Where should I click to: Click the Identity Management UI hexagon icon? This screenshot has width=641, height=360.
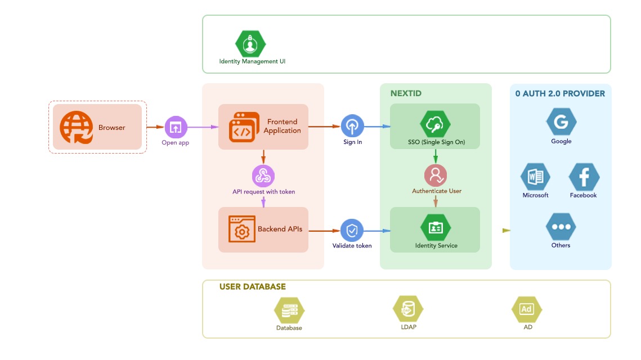pos(250,43)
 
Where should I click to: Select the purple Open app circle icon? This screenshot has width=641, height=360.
pos(176,127)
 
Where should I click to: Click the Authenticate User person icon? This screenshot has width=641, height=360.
pos(436,175)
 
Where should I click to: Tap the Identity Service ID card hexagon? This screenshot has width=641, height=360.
pos(436,228)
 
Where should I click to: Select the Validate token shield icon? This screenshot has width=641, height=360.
pos(352,231)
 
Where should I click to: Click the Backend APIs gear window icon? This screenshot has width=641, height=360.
pos(241,229)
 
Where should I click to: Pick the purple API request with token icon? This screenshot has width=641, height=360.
pos(263,176)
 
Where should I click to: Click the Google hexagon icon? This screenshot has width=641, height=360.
pos(561,122)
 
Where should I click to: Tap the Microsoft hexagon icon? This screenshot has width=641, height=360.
pos(535,178)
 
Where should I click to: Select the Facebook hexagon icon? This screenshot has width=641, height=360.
pos(584,178)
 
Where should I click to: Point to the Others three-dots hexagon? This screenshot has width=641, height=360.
pos(561,227)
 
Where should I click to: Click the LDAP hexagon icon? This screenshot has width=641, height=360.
pos(407,309)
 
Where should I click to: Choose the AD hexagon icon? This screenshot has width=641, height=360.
pos(527,309)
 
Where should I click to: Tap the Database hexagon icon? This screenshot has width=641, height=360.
pos(289,310)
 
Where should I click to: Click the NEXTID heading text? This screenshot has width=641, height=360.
pos(406,93)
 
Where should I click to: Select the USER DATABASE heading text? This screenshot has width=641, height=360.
pos(253,287)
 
